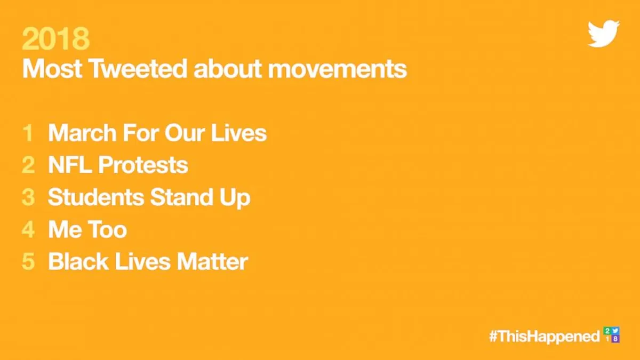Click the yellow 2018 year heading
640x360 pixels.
[x=55, y=38]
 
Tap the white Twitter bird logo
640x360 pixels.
[x=603, y=34]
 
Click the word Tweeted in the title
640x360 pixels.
[x=138, y=69]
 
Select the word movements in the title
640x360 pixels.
[x=338, y=69]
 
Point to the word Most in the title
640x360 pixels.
[x=52, y=69]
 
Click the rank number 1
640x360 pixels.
[x=28, y=133]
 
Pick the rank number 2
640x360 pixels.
[x=28, y=165]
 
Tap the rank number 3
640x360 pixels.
[x=28, y=197]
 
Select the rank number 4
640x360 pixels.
[x=28, y=229]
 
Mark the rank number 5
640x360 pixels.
[x=28, y=261]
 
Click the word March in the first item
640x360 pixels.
[x=82, y=133]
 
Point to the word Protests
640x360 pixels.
[x=143, y=165]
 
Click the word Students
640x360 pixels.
[x=96, y=197]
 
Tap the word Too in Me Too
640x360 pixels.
[x=107, y=229]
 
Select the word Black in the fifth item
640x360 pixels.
[x=78, y=261]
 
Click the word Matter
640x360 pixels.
[x=213, y=261]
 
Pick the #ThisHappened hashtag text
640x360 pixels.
[x=545, y=337]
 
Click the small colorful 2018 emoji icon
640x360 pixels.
[x=611, y=334]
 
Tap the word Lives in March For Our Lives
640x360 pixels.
[x=239, y=133]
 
